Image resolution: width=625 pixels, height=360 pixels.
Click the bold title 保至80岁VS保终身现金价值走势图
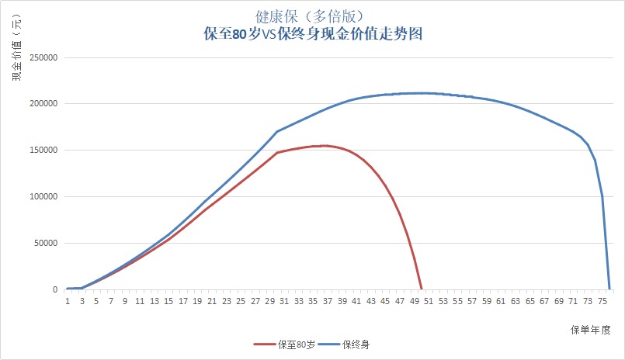(312, 35)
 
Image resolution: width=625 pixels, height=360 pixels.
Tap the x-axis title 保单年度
(591, 329)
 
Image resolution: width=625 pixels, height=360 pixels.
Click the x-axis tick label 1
(68, 301)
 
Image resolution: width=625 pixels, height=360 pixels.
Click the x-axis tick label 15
(168, 301)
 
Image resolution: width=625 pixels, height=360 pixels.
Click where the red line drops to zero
(422, 289)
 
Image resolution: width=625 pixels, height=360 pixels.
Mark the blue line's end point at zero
(609, 289)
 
